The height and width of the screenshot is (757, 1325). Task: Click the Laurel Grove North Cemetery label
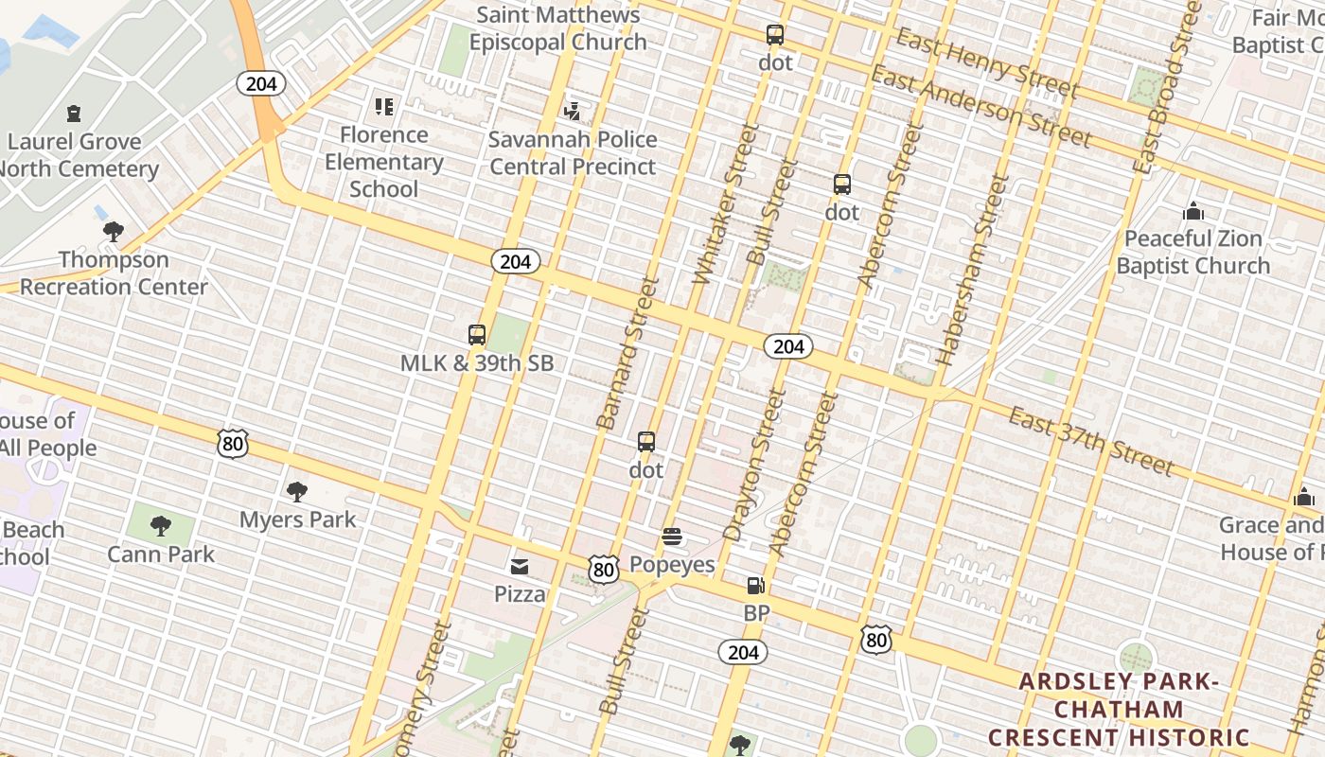[x=76, y=155]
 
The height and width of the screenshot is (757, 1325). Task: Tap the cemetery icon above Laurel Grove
[x=73, y=114]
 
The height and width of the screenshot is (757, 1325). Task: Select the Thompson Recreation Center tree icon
[x=114, y=232]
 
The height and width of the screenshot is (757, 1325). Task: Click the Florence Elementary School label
[x=383, y=162]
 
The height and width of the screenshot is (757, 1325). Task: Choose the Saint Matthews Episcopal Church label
[x=558, y=28]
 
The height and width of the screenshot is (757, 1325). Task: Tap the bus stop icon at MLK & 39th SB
[x=477, y=335]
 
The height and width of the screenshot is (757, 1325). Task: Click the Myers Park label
[x=297, y=519]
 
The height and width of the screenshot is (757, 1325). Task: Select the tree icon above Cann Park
[x=161, y=526]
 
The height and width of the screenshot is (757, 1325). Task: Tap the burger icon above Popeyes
[x=672, y=537]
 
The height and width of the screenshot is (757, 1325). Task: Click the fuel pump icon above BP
[x=755, y=587]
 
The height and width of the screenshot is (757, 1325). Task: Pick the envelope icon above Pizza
[x=520, y=567]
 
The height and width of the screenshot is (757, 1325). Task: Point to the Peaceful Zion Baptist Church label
[x=1192, y=252]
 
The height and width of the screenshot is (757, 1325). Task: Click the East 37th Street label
[x=1090, y=441]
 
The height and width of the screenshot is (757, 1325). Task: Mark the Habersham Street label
[x=972, y=271]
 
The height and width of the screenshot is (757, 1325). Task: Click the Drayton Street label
[x=753, y=465]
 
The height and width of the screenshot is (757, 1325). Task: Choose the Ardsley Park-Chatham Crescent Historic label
[x=1119, y=710]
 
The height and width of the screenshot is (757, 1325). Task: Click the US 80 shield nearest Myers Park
[x=232, y=443]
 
